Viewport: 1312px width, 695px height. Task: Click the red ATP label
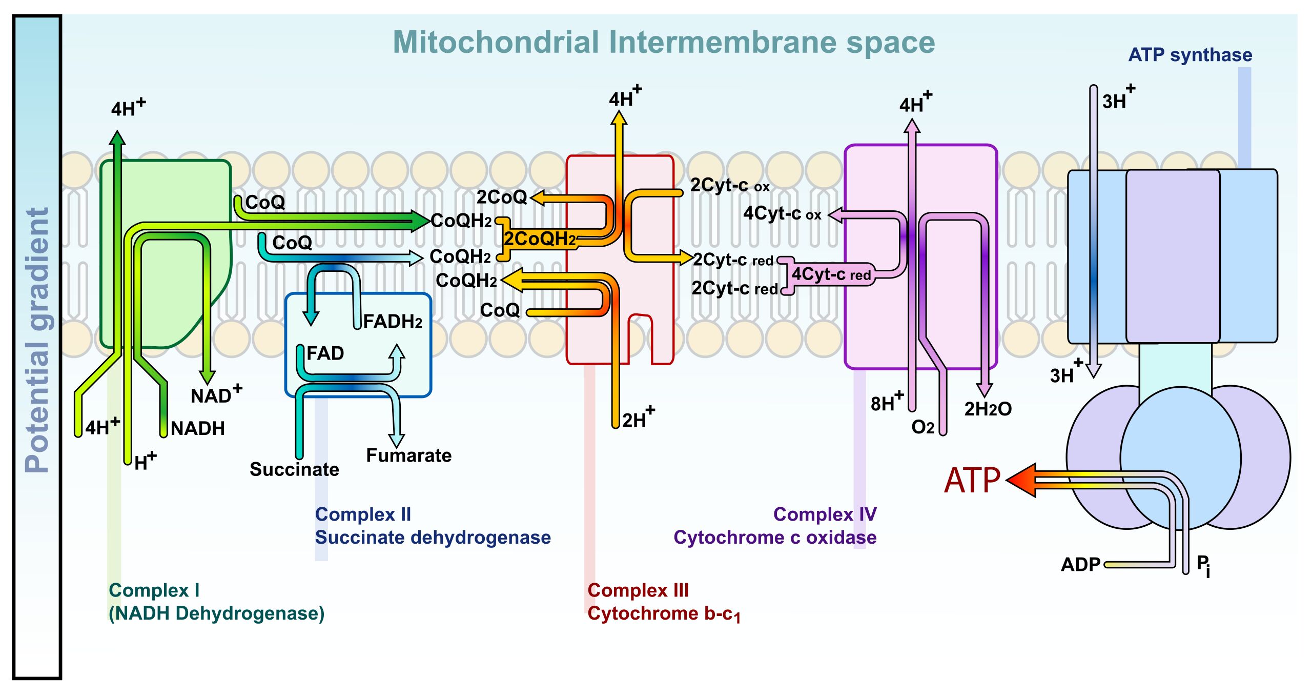(x=972, y=481)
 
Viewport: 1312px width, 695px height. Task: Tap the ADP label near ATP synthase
(x=1080, y=564)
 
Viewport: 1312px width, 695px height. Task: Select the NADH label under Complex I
(x=198, y=428)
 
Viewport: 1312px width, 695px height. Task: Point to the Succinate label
(x=294, y=469)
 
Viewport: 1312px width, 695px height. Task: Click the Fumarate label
(x=408, y=455)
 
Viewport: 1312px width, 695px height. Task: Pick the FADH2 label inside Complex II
(x=393, y=322)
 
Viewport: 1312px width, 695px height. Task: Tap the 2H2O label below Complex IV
(x=988, y=409)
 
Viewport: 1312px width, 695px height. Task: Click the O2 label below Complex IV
(x=922, y=427)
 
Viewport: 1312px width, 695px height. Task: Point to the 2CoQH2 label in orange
(x=539, y=239)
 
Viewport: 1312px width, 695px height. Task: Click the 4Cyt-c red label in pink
(x=831, y=274)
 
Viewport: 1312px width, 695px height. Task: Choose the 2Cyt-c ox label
(x=729, y=185)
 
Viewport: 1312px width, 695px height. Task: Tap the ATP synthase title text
(x=1190, y=55)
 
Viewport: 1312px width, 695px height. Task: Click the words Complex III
(x=638, y=590)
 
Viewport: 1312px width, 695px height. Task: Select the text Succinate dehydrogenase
(x=433, y=537)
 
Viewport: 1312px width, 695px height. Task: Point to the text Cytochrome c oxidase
(x=774, y=537)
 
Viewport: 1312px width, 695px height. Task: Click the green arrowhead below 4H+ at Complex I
(x=118, y=138)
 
